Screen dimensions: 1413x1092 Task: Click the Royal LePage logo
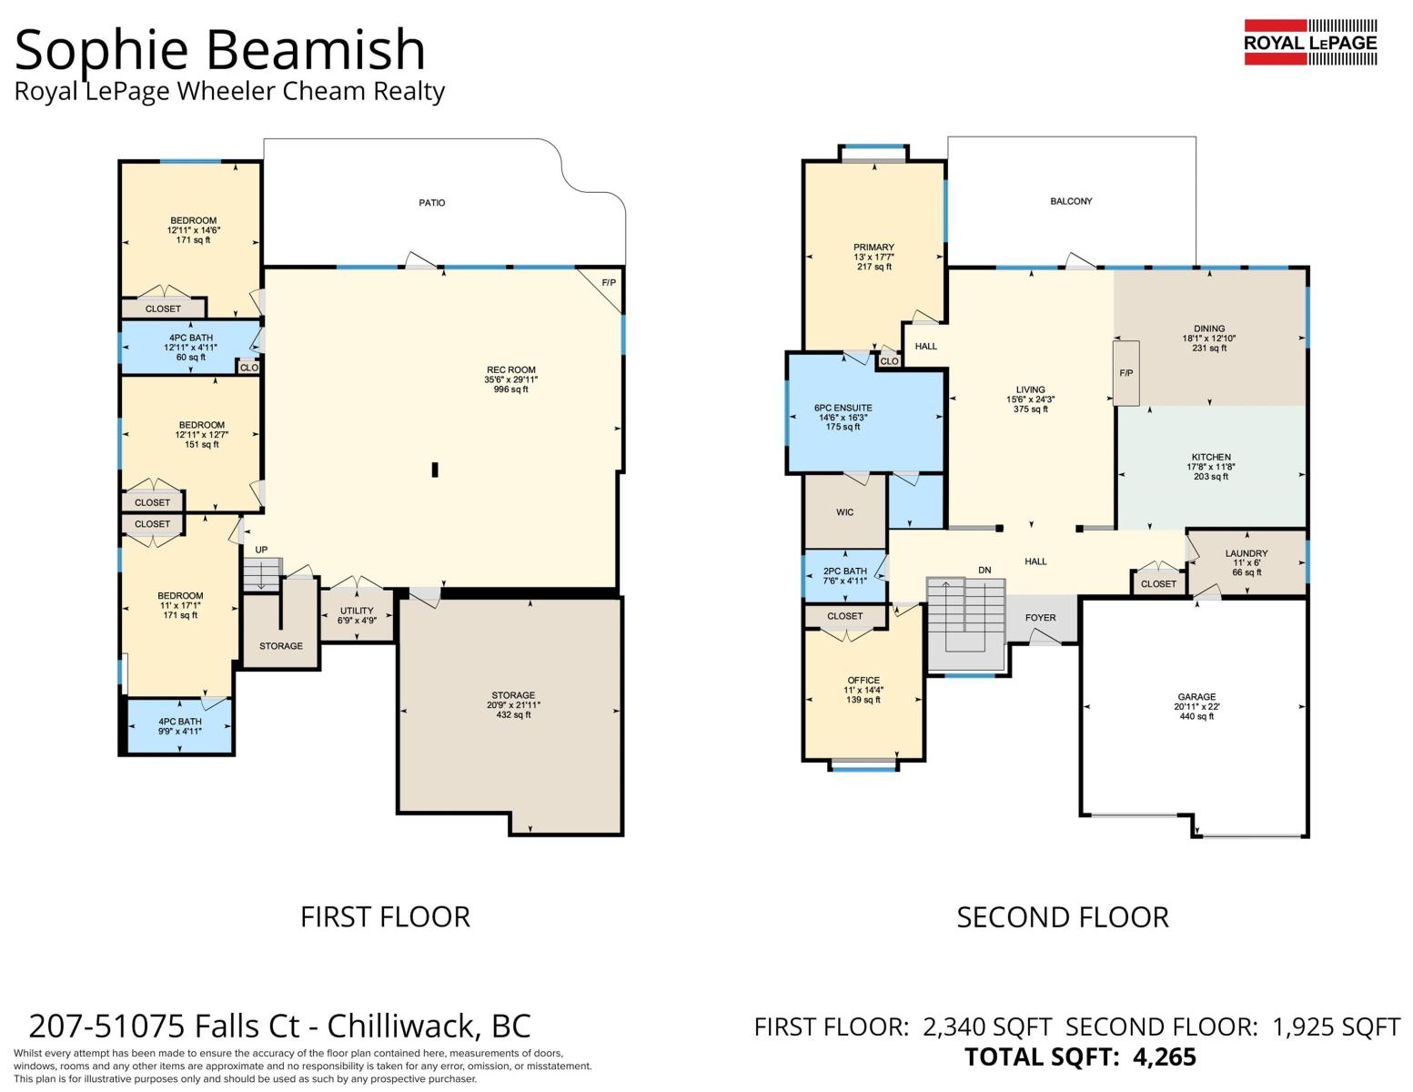(x=1310, y=42)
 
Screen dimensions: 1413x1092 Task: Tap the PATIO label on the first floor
(x=432, y=203)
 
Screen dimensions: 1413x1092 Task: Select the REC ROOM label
(x=511, y=369)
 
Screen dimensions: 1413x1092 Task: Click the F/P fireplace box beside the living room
(x=1126, y=373)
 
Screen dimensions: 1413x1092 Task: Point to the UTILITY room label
(x=357, y=610)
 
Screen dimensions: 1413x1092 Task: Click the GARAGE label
(x=1196, y=696)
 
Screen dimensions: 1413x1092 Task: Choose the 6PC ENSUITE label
(x=843, y=408)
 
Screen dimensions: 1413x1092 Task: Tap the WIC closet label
(x=844, y=512)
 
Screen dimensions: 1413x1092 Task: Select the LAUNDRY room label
(x=1246, y=553)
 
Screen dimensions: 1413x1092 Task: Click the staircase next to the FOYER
(x=965, y=623)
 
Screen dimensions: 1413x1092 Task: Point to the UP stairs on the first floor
(x=261, y=574)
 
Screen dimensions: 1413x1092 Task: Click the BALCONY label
(x=1071, y=202)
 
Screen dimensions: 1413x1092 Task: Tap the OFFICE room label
(x=863, y=681)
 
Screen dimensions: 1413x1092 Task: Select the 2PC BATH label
(x=844, y=571)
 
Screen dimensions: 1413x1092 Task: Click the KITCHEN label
(x=1211, y=457)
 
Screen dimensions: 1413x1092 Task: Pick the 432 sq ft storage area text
(x=513, y=714)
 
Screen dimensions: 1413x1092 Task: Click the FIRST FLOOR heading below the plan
(x=385, y=917)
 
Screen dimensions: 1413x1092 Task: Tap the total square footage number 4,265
(x=1164, y=1057)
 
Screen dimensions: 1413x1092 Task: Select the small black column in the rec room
(x=435, y=469)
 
